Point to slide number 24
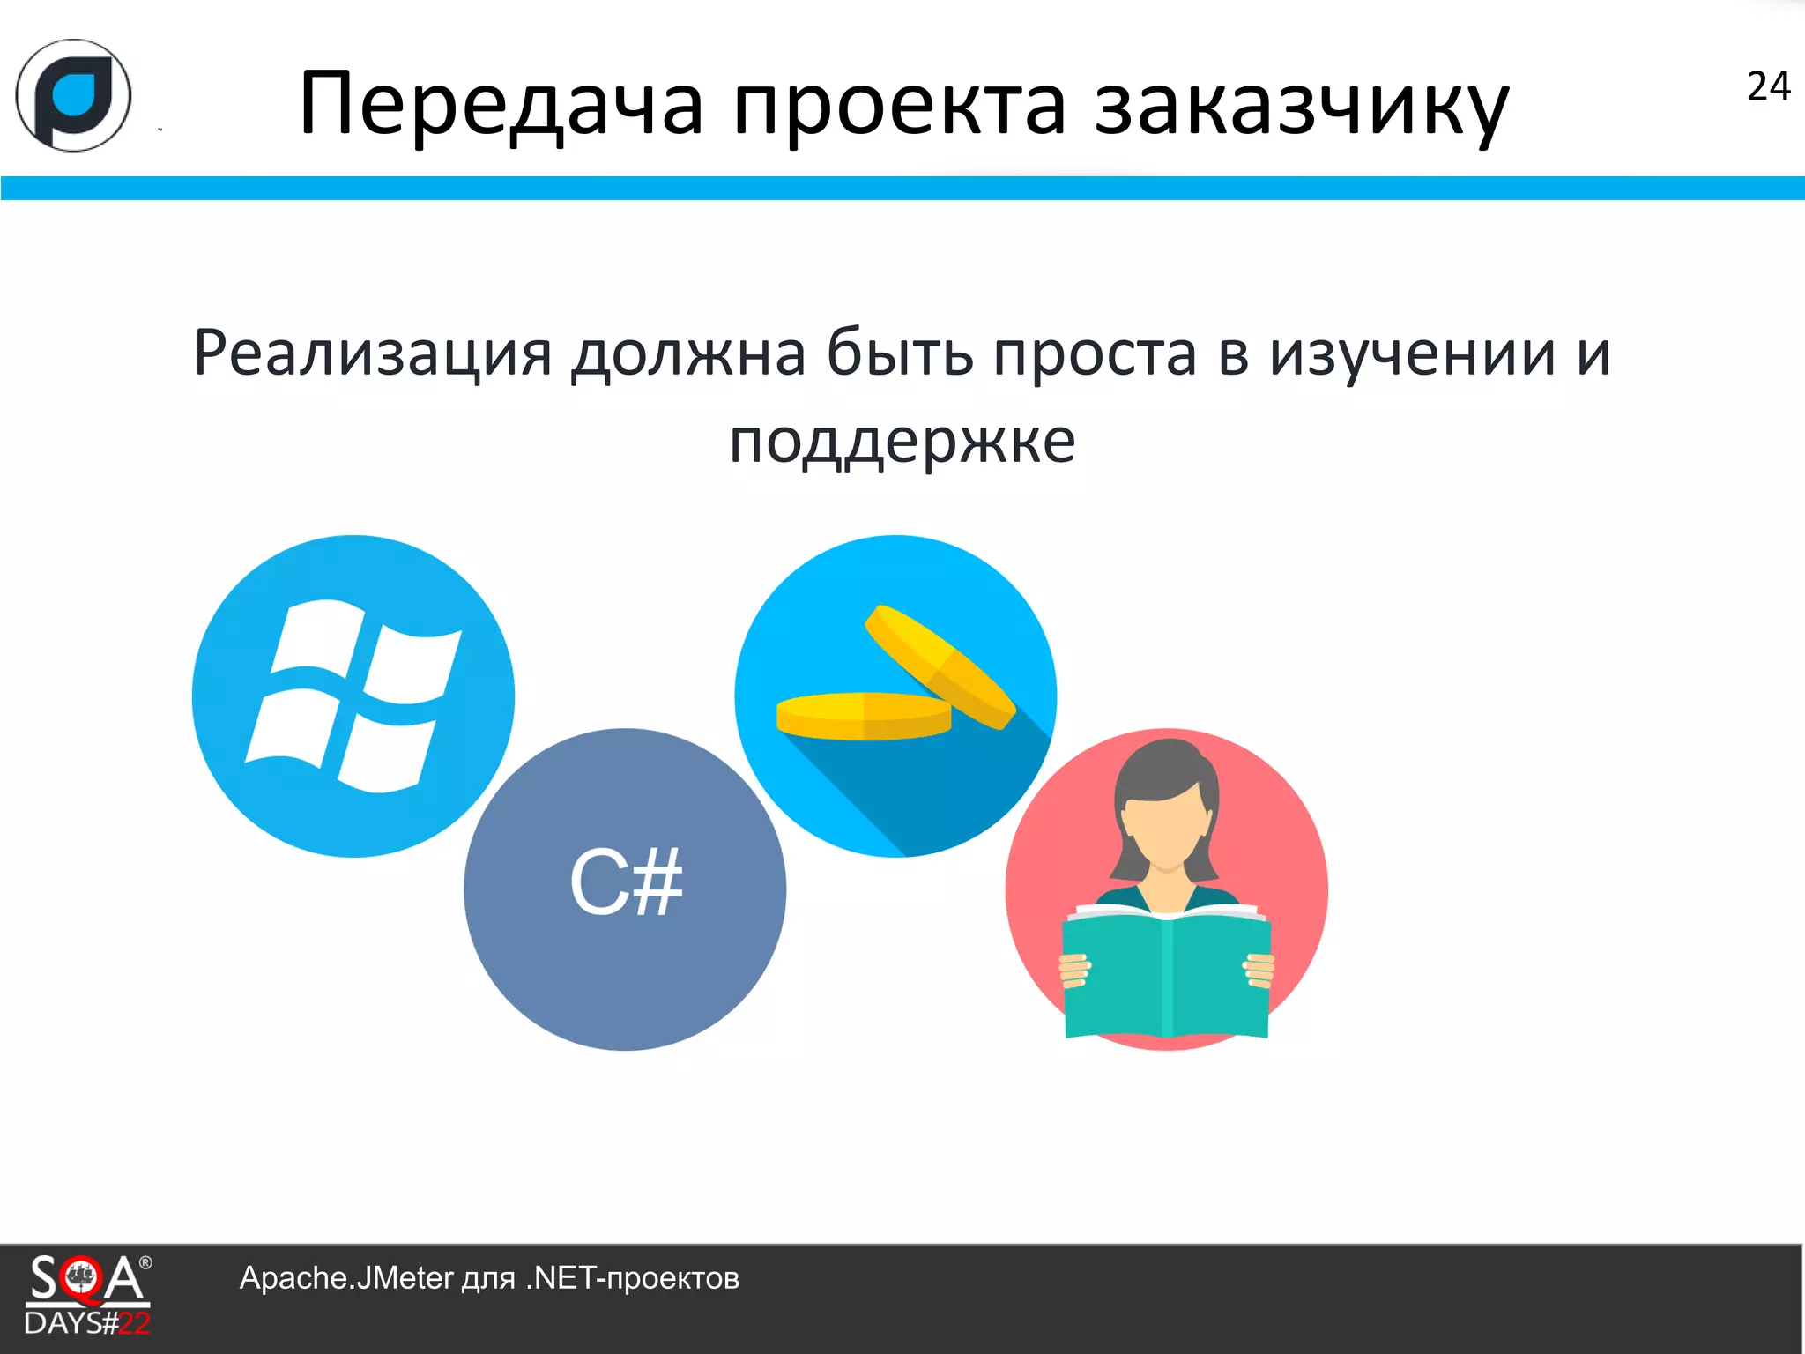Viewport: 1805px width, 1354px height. point(1768,86)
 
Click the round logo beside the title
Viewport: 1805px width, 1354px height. point(74,95)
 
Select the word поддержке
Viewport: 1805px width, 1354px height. point(902,441)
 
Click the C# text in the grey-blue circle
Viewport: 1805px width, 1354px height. point(626,882)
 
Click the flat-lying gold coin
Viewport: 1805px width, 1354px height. point(863,715)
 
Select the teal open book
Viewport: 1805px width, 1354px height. point(1167,974)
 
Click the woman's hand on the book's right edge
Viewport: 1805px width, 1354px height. point(1259,970)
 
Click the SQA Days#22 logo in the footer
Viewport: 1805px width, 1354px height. point(87,1294)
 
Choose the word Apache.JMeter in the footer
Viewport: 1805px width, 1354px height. point(345,1278)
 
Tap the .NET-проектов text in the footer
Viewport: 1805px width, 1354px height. point(632,1278)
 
